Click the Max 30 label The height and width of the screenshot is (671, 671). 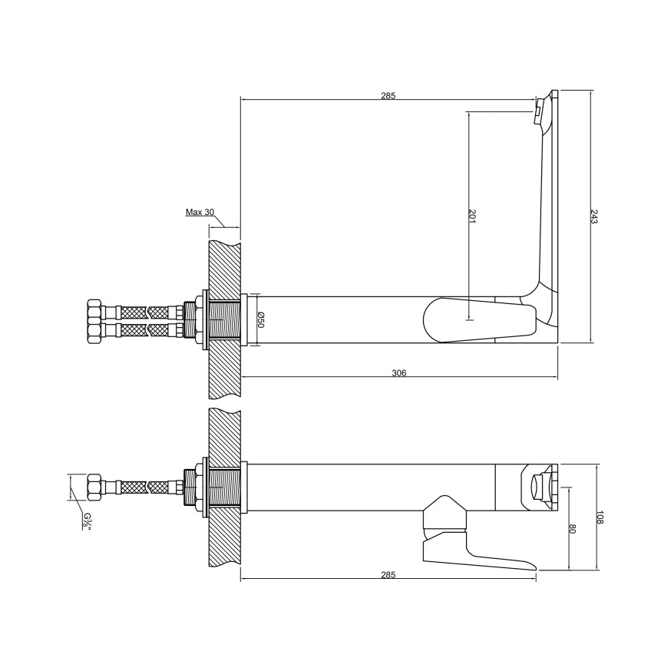tap(200, 212)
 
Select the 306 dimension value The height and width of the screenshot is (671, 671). tap(398, 373)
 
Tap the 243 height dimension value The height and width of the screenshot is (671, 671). tap(594, 216)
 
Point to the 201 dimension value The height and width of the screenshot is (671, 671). tap(472, 216)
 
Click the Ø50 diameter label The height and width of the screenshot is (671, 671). tap(261, 319)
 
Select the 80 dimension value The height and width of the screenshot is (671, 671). tap(573, 529)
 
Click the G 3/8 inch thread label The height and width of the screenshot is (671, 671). tap(87, 521)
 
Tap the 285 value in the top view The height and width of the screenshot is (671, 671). tap(388, 96)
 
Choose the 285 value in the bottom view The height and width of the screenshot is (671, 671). tap(388, 575)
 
